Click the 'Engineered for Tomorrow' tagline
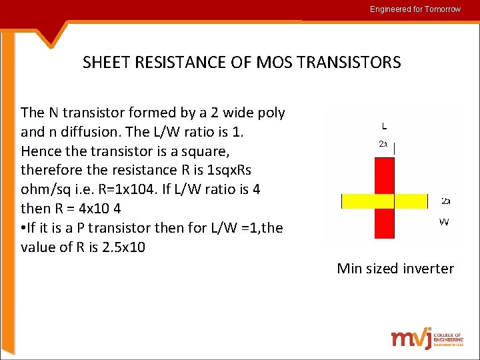(x=415, y=9)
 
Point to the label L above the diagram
(x=384, y=125)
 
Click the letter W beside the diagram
(x=444, y=222)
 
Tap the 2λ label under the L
(x=383, y=143)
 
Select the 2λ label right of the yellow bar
(x=446, y=200)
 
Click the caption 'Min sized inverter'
(x=395, y=269)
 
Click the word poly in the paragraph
(x=271, y=113)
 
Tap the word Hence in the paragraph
(x=41, y=151)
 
